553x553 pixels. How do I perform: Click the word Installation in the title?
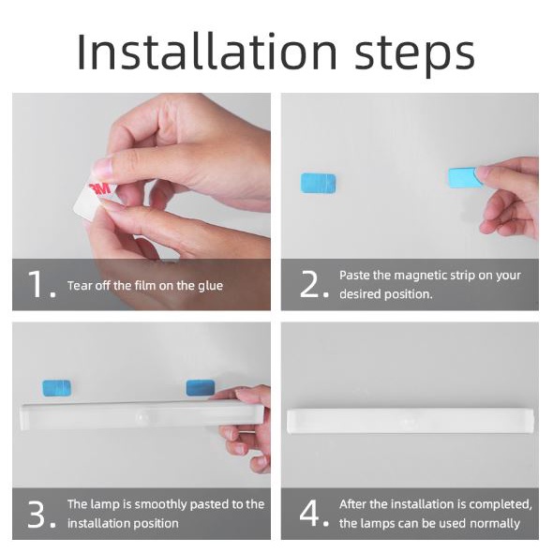click(x=207, y=52)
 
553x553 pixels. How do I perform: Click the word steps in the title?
click(x=414, y=55)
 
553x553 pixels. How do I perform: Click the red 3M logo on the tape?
click(x=101, y=189)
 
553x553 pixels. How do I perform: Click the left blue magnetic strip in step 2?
click(x=318, y=183)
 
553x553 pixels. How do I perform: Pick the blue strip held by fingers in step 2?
click(x=463, y=178)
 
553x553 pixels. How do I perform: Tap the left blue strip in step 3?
click(x=56, y=388)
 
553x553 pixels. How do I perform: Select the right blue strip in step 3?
click(x=201, y=388)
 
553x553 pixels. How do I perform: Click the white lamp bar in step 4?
click(x=411, y=421)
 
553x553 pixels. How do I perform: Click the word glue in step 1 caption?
click(x=210, y=286)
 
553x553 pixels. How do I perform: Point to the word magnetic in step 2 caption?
click(x=420, y=276)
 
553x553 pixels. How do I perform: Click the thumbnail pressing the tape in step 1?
click(x=103, y=168)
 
